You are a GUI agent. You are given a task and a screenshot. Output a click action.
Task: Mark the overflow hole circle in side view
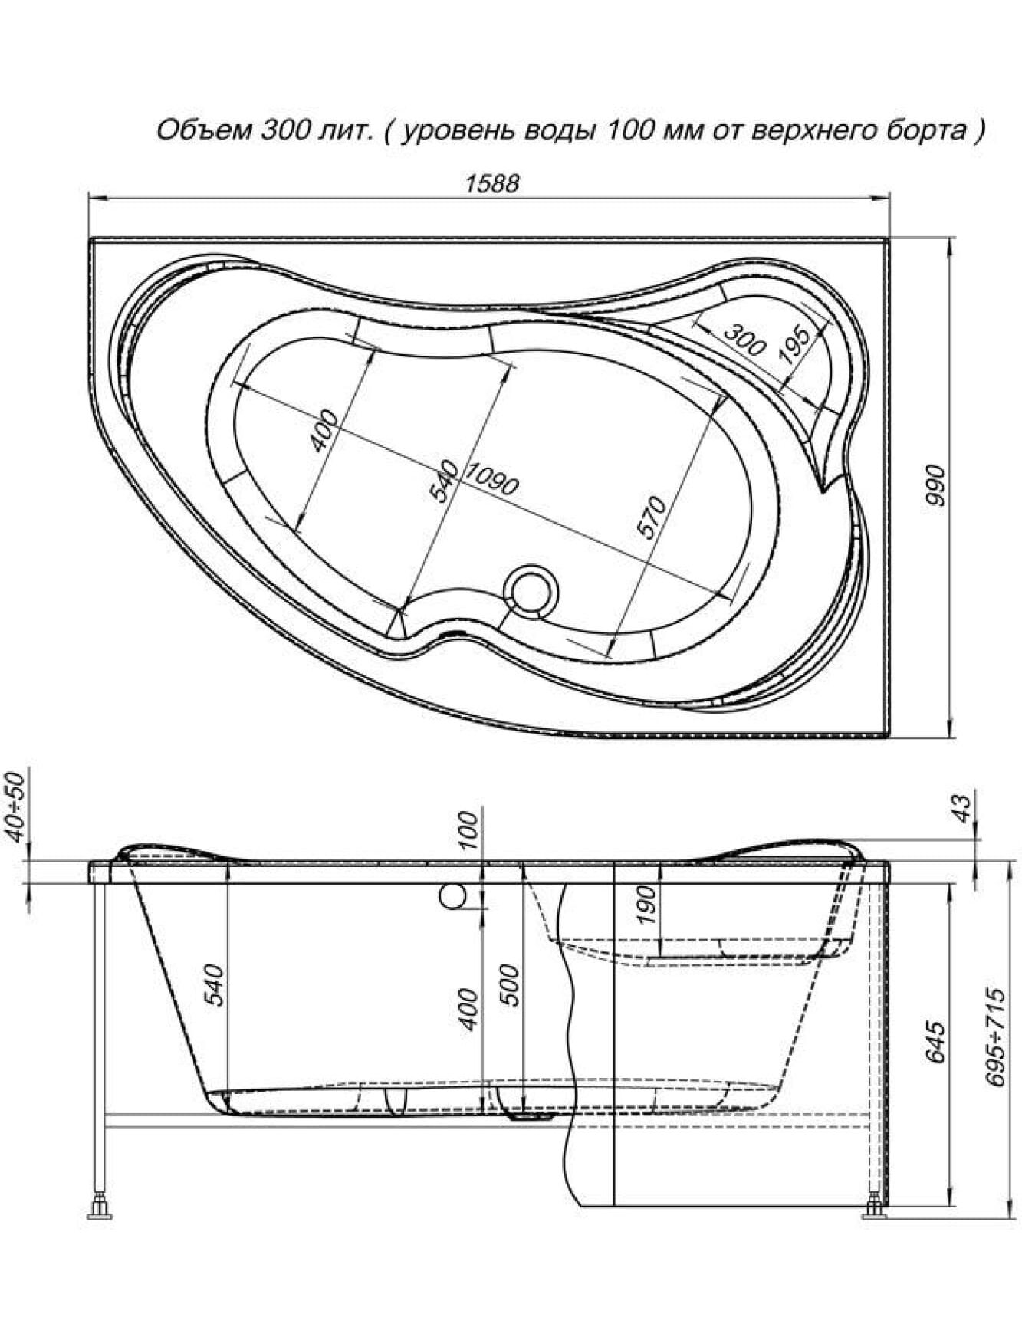[x=452, y=895]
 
